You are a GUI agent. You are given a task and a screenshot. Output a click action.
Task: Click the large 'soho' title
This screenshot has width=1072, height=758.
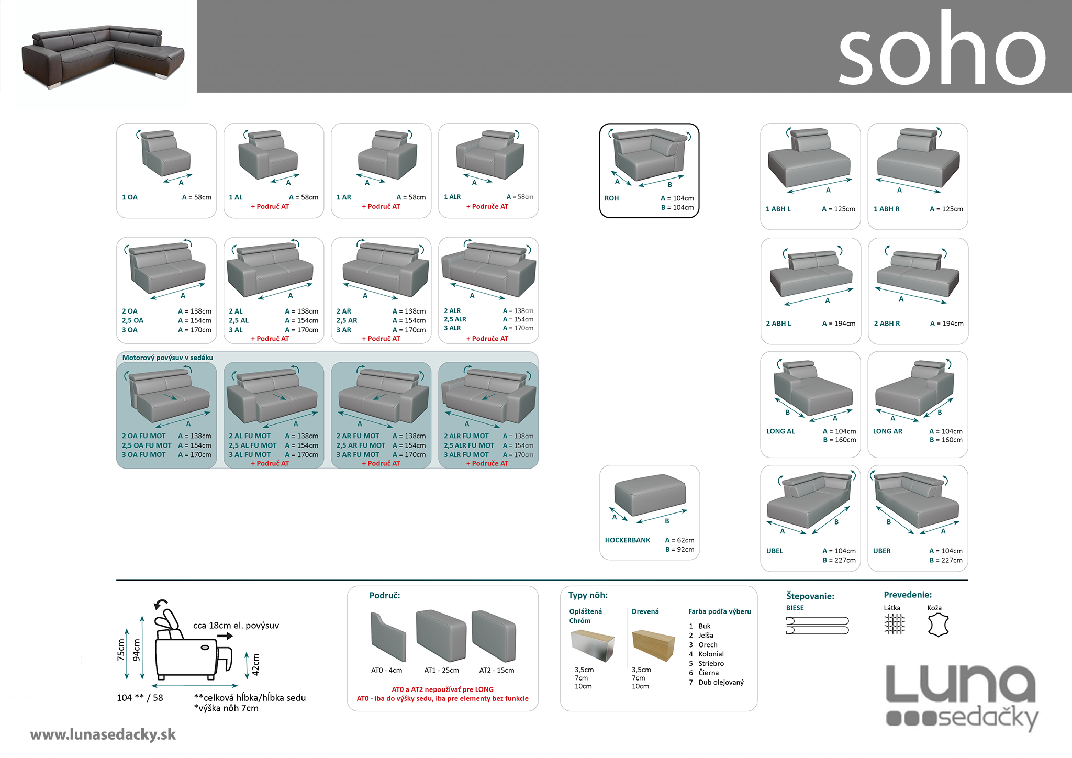coord(942,50)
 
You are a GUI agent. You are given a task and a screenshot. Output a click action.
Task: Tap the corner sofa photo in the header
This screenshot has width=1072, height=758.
coord(102,55)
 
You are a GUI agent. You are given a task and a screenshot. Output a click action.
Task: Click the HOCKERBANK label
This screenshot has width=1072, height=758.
coord(627,540)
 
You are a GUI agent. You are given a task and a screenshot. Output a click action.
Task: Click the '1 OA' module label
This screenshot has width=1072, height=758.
coord(130,197)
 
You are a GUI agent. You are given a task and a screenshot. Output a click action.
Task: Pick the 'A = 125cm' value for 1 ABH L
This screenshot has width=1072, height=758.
coord(838,209)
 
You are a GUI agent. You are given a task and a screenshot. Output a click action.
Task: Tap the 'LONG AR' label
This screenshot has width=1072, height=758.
coord(887,431)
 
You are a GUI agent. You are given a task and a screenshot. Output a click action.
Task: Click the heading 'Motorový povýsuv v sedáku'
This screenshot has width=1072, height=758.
coord(167,358)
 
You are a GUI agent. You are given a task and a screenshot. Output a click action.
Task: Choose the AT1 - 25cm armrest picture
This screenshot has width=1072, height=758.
coord(441,636)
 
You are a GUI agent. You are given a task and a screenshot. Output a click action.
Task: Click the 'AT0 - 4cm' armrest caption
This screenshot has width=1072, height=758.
coord(386,670)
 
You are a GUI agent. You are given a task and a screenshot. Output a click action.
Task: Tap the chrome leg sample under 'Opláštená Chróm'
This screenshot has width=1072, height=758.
coord(592,645)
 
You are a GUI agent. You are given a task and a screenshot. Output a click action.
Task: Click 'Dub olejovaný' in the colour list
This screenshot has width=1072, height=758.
coord(721,682)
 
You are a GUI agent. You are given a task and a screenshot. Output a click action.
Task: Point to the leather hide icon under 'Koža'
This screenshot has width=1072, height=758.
coord(937,625)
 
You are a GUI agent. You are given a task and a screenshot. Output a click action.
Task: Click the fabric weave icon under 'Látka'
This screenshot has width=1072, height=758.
coord(894,624)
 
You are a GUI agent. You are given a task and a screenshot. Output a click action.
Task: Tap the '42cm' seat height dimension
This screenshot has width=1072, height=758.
coord(255,665)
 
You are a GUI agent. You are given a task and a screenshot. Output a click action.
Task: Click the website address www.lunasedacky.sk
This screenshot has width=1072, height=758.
coord(103,734)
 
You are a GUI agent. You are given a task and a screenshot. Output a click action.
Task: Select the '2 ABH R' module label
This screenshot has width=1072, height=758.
coord(887,324)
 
